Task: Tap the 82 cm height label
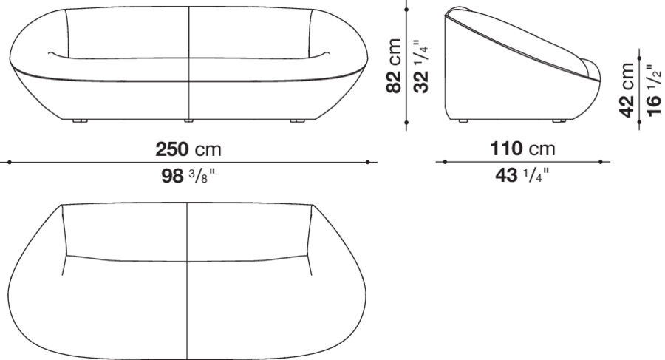(x=395, y=66)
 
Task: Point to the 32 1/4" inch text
(x=420, y=66)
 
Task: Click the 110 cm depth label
(x=522, y=149)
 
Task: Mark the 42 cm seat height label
(x=627, y=89)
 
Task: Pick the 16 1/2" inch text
(x=652, y=89)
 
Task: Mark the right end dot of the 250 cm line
(x=369, y=161)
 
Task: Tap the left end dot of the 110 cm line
(x=444, y=161)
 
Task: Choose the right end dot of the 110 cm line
(x=601, y=161)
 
